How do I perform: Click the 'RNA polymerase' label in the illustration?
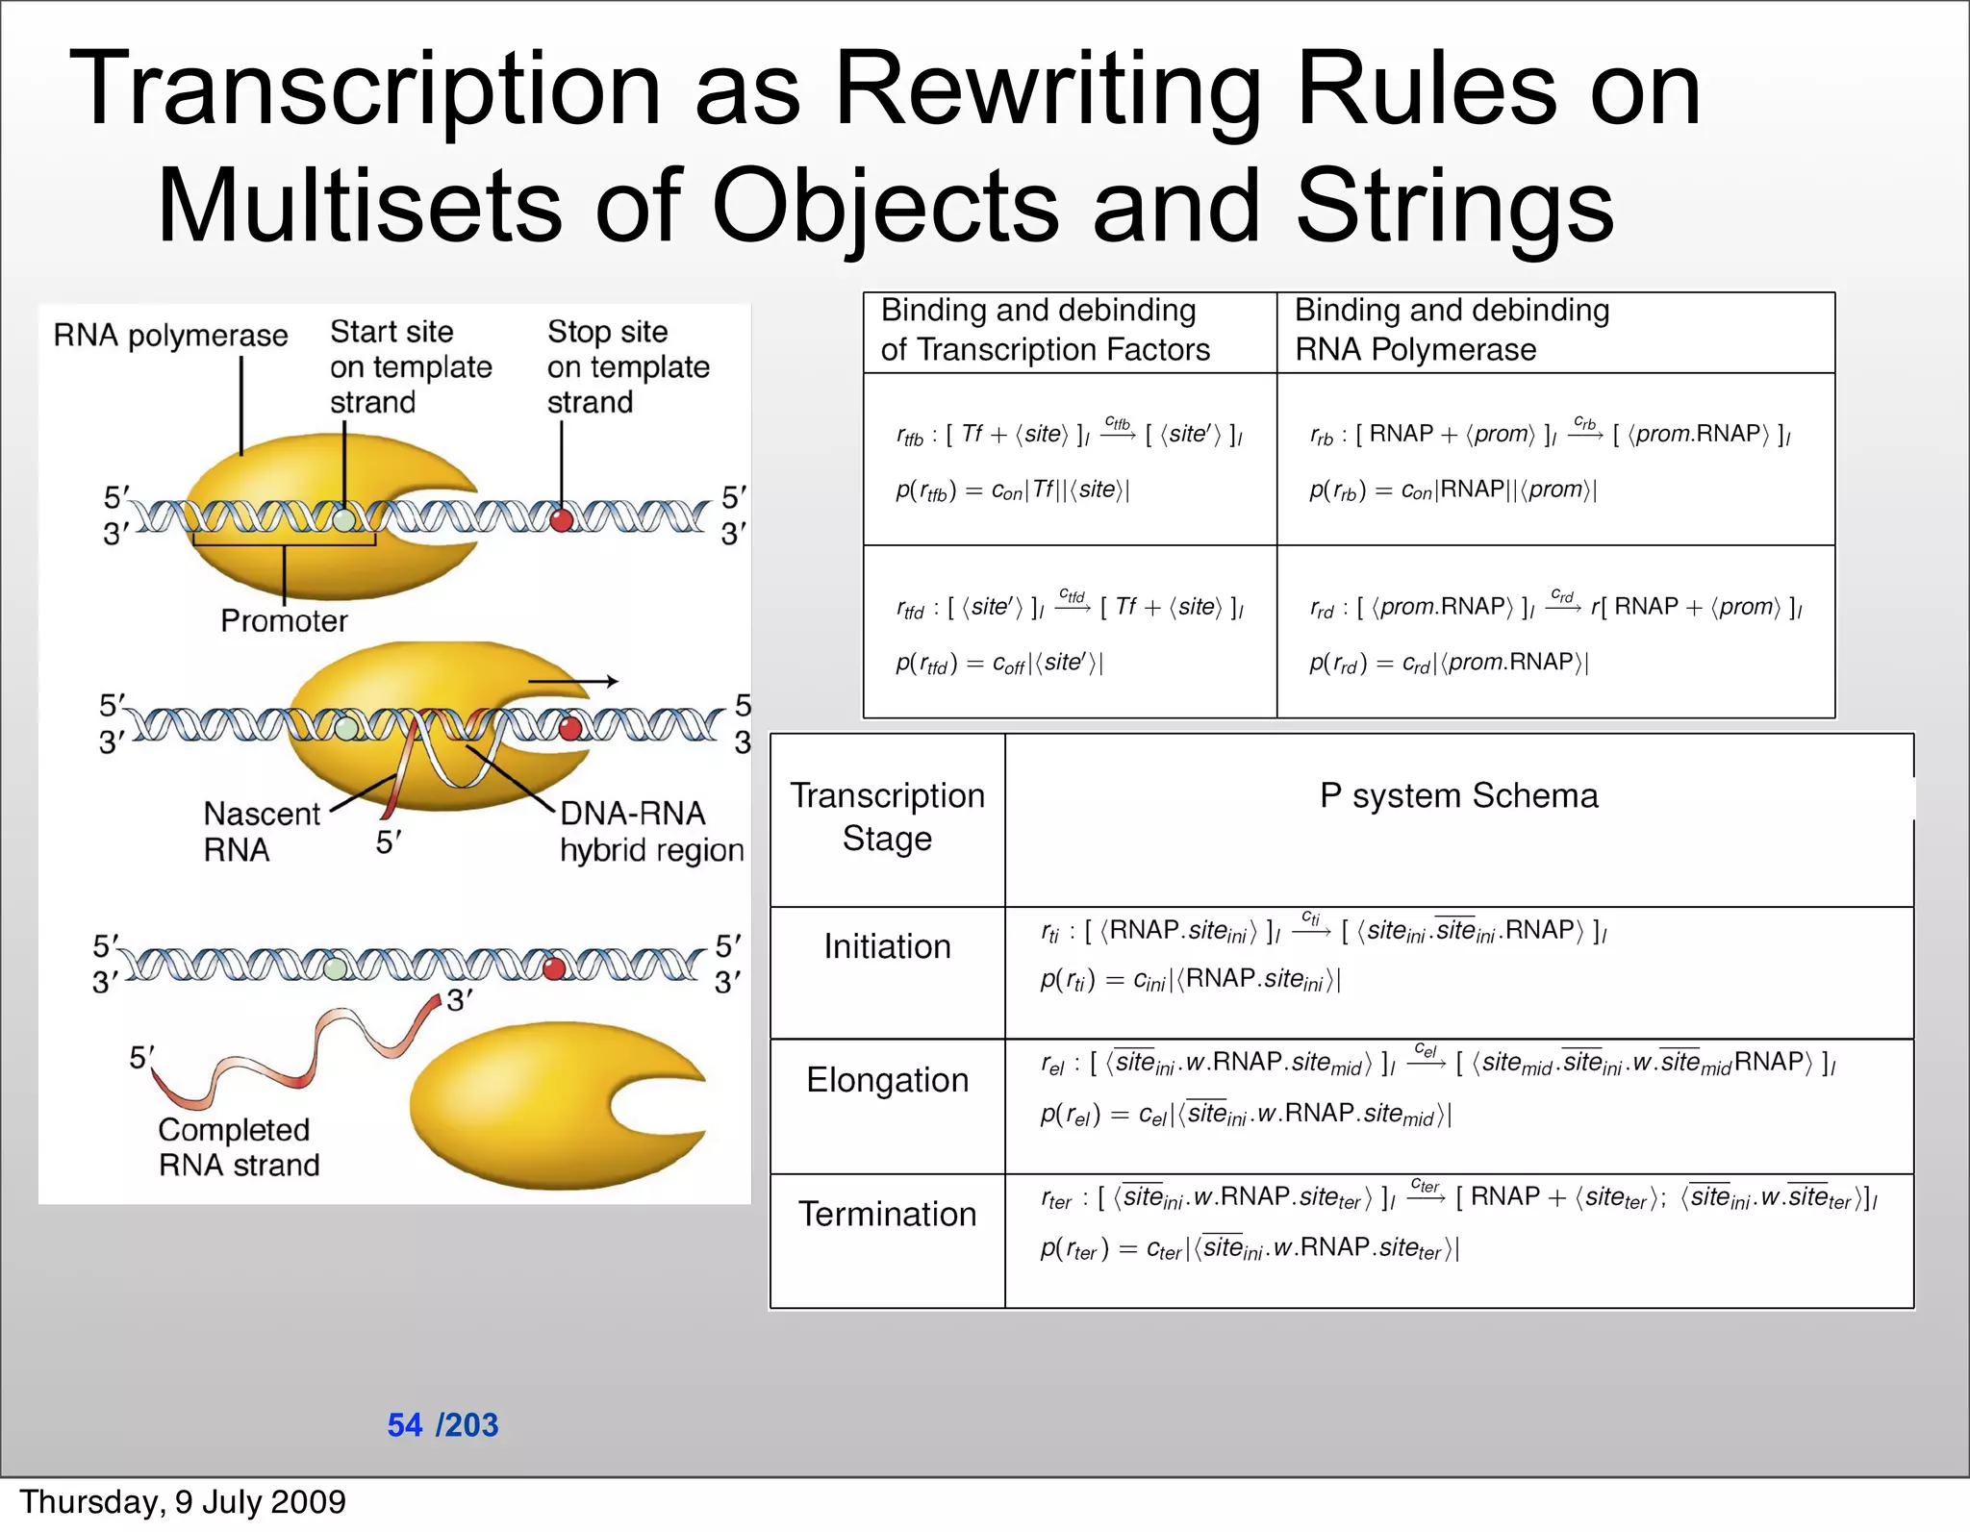pyautogui.click(x=170, y=336)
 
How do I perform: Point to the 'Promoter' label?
pyautogui.click(x=284, y=621)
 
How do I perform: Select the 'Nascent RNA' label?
pyautogui.click(x=261, y=832)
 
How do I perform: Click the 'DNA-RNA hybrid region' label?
pyautogui.click(x=651, y=832)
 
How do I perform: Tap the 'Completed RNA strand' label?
pyautogui.click(x=239, y=1146)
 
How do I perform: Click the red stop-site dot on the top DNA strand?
pyautogui.click(x=562, y=520)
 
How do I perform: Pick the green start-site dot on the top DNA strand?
pyautogui.click(x=344, y=520)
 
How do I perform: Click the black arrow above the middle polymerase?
pyautogui.click(x=573, y=682)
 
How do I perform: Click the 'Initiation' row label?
pyautogui.click(x=887, y=946)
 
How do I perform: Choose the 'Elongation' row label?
pyautogui.click(x=887, y=1080)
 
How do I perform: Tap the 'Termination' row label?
pyautogui.click(x=887, y=1214)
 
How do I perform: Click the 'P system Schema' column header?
pyautogui.click(x=1458, y=795)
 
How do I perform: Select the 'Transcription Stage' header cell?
pyautogui.click(x=887, y=816)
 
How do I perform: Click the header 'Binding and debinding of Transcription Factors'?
pyautogui.click(x=1045, y=330)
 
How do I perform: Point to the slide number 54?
pyautogui.click(x=405, y=1424)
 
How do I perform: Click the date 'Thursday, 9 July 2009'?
pyautogui.click(x=183, y=1502)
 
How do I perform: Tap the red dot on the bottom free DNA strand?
pyautogui.click(x=554, y=967)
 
